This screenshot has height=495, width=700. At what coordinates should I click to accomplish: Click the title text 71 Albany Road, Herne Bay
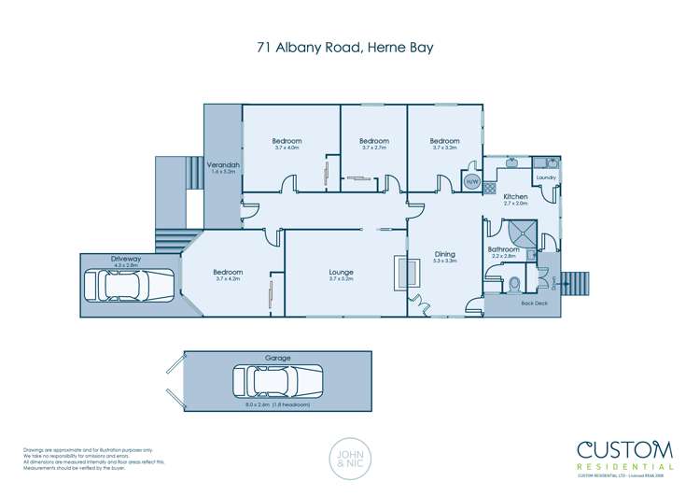coord(350,46)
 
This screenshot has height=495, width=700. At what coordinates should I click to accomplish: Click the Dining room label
coord(446,254)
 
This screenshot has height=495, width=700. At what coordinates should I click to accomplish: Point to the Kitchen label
coord(515,197)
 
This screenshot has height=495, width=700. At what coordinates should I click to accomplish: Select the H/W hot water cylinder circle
coord(471,181)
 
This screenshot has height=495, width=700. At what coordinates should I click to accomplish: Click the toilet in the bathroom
coord(514,282)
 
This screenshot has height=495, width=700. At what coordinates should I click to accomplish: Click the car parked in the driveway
coord(129,285)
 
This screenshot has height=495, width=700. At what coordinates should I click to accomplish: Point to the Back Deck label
coord(534,304)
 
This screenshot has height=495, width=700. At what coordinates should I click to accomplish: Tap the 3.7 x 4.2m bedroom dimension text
coord(228,278)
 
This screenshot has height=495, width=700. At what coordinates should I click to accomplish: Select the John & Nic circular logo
coord(350,460)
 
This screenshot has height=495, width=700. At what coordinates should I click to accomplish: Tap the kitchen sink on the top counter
coord(512,163)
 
